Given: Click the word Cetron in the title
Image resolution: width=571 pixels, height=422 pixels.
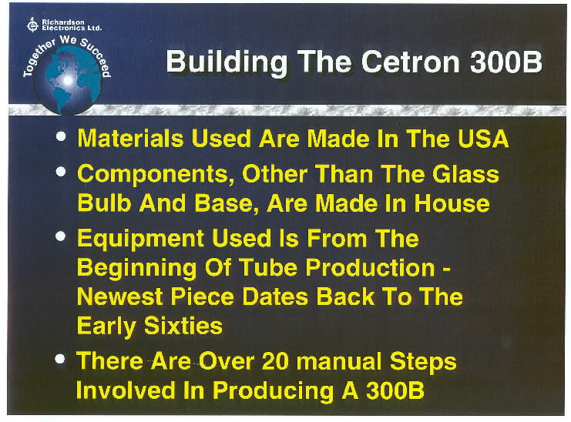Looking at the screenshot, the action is (x=411, y=62).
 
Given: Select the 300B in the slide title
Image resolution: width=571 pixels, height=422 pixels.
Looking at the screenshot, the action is (x=506, y=62).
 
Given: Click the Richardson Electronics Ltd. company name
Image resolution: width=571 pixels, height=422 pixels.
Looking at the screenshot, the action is (x=72, y=25).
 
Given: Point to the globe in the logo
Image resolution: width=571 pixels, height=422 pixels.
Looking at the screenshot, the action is (x=67, y=82).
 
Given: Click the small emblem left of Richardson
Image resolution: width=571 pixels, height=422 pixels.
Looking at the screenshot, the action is (x=32, y=25).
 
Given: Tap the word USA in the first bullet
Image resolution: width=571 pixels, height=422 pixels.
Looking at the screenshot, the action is (x=483, y=139).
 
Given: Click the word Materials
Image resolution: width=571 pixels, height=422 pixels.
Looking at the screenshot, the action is (x=130, y=139).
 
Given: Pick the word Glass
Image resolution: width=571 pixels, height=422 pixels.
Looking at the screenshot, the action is (x=465, y=173).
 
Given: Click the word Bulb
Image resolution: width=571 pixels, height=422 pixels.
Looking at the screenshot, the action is (x=104, y=203).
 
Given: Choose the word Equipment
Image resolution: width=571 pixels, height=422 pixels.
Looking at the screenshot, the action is (x=140, y=239).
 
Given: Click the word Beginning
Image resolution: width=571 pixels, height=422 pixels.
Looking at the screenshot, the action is (x=137, y=269).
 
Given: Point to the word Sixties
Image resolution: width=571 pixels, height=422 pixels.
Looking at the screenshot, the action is (x=183, y=325).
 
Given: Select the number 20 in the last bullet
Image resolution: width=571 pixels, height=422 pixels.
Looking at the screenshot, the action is (x=276, y=361).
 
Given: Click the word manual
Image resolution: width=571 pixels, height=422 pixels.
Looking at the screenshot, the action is (x=340, y=361).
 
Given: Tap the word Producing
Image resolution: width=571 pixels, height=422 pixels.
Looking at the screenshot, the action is (x=273, y=391).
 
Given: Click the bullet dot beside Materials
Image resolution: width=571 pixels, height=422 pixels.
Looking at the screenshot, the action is (x=61, y=136).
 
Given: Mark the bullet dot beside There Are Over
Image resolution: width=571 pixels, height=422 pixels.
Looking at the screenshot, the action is (x=60, y=360).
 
